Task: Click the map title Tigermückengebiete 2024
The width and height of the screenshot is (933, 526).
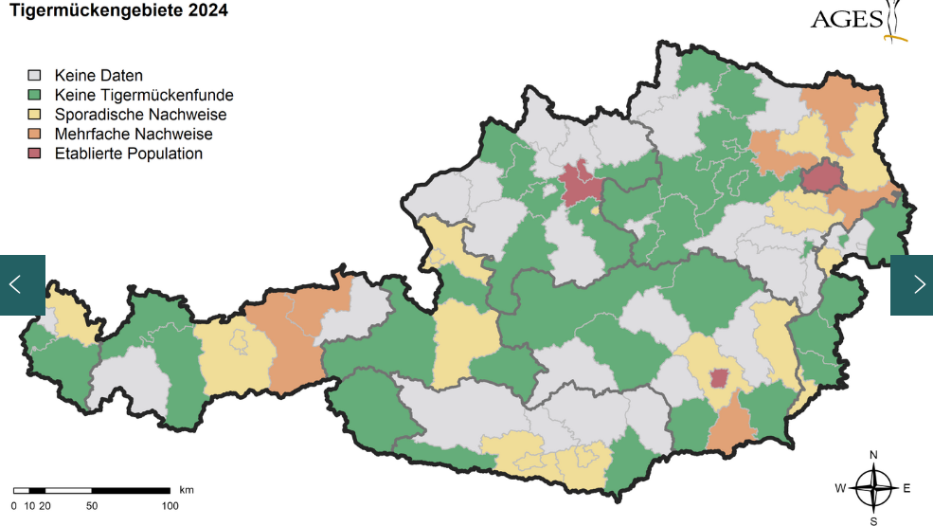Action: [118, 11]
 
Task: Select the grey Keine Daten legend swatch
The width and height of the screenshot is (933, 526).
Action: [36, 75]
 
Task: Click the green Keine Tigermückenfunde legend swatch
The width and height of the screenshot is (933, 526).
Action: [36, 95]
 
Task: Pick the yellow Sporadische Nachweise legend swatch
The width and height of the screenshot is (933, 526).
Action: [36, 115]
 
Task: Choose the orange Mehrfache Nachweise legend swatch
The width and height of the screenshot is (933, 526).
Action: [36, 135]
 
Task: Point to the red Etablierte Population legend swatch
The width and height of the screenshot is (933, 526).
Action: [36, 154]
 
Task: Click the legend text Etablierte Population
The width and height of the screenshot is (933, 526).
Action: [128, 154]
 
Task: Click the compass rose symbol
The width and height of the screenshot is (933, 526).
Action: [873, 488]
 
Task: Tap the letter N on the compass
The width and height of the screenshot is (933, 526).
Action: [873, 454]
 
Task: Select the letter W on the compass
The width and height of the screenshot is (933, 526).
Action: [840, 489]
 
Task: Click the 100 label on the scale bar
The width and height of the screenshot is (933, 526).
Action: [170, 506]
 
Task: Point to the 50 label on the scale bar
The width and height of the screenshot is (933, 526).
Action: [92, 506]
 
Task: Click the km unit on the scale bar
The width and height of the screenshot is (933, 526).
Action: [186, 490]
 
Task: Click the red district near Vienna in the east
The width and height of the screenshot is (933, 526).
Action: [822, 177]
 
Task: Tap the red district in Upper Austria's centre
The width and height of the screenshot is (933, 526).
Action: [577, 182]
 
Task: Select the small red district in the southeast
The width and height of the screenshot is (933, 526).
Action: [719, 378]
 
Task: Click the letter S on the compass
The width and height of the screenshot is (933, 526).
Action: [873, 520]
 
